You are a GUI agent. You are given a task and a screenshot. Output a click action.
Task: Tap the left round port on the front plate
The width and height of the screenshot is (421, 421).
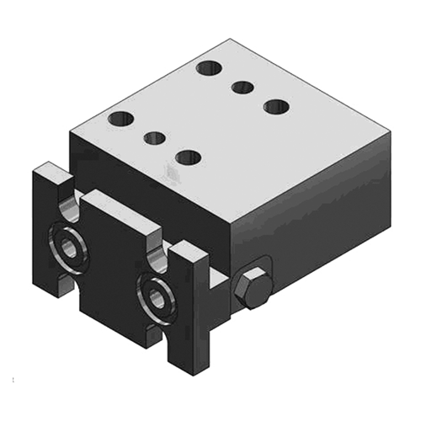click(x=67, y=245)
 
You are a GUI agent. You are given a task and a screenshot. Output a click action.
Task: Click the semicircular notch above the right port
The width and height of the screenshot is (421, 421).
click(x=157, y=251)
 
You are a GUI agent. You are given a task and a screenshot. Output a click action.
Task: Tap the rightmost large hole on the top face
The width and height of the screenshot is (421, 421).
click(x=275, y=106)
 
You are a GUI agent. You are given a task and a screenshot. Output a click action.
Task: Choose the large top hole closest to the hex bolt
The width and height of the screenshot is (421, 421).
click(x=189, y=157)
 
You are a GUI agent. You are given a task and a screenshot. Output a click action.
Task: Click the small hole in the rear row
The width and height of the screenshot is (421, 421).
click(x=243, y=85)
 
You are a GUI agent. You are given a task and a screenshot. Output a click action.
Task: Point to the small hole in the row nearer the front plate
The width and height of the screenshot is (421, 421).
click(x=154, y=136)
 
